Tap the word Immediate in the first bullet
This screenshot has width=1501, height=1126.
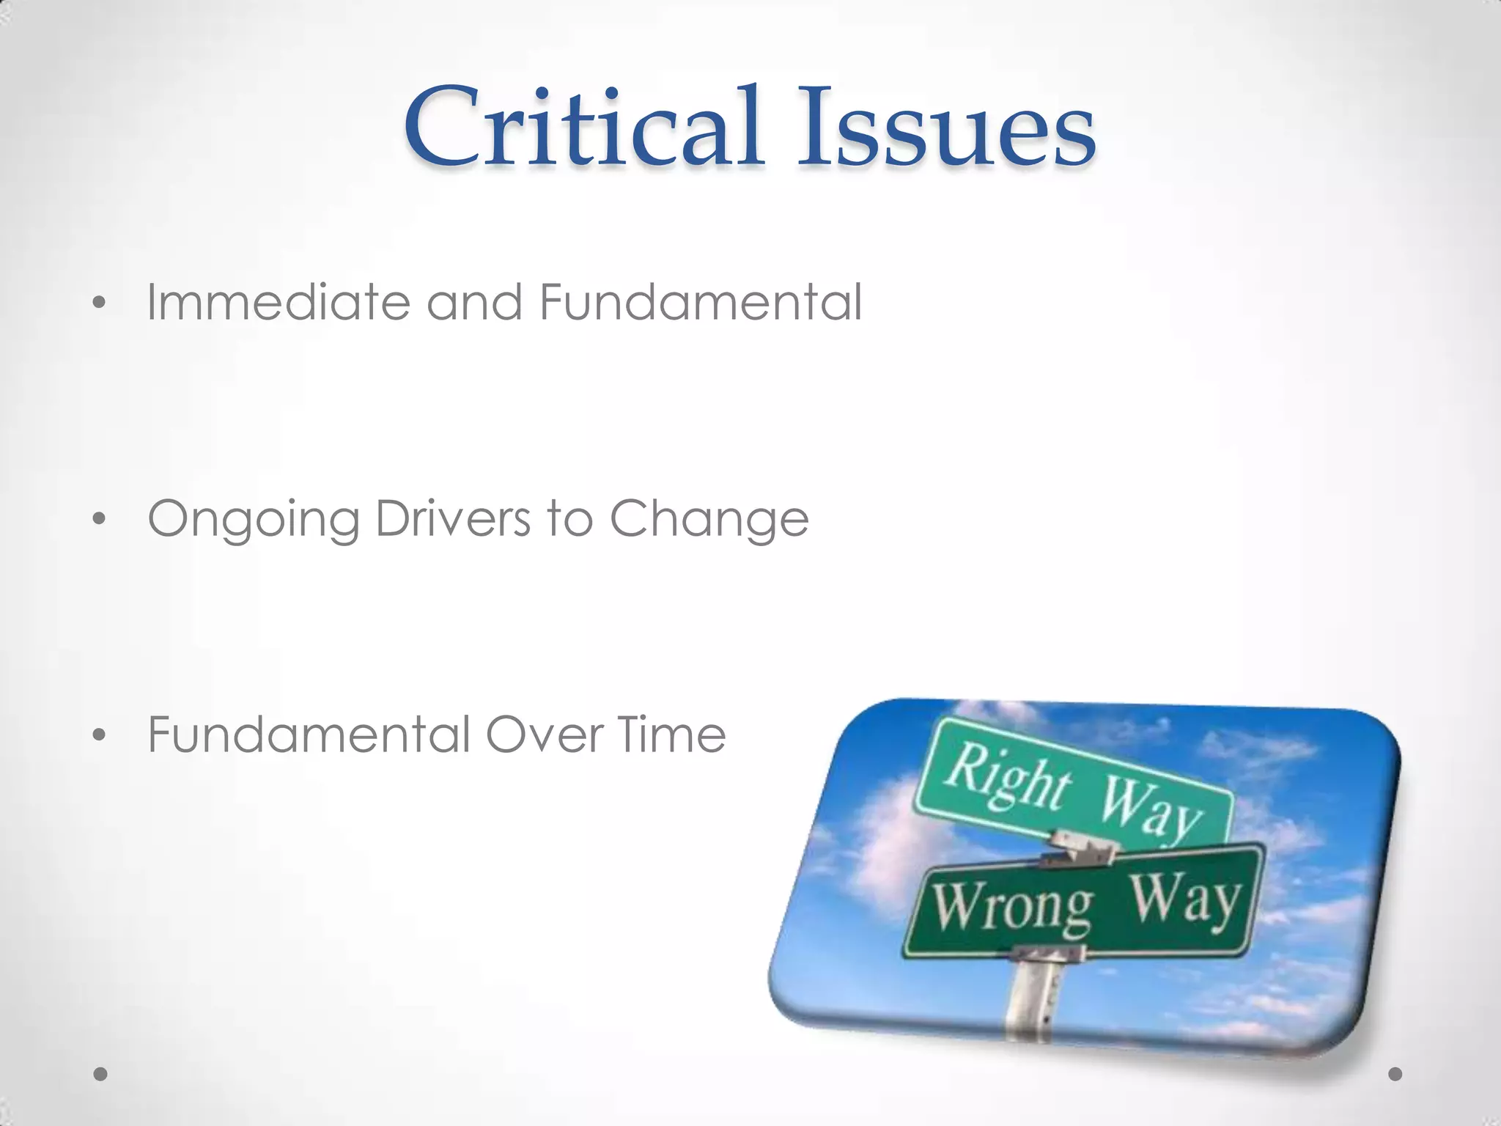[x=279, y=302]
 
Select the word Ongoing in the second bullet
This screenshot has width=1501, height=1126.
[x=254, y=519]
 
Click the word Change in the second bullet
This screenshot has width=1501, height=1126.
[x=709, y=519]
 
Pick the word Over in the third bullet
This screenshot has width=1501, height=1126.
[x=543, y=735]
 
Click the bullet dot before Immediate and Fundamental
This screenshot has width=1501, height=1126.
[x=100, y=303]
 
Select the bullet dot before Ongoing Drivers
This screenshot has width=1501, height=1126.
[x=100, y=519]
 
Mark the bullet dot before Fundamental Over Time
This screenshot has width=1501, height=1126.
[x=100, y=735]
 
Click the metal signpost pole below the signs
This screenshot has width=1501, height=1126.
[x=1033, y=997]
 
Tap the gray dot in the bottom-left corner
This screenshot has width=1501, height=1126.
[x=101, y=1074]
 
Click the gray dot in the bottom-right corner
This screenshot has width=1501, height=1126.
[x=1395, y=1074]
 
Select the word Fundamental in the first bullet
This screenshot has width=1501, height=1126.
[x=701, y=302]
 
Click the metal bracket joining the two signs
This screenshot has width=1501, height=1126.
[x=1082, y=850]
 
